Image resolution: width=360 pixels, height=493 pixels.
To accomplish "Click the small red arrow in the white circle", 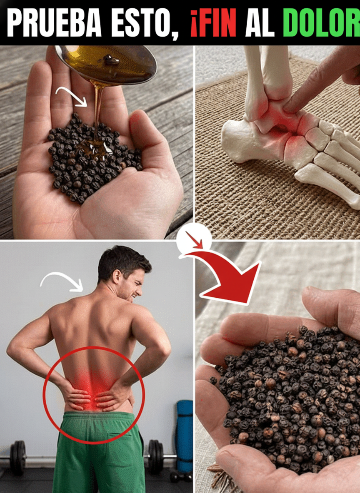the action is [195, 240].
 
